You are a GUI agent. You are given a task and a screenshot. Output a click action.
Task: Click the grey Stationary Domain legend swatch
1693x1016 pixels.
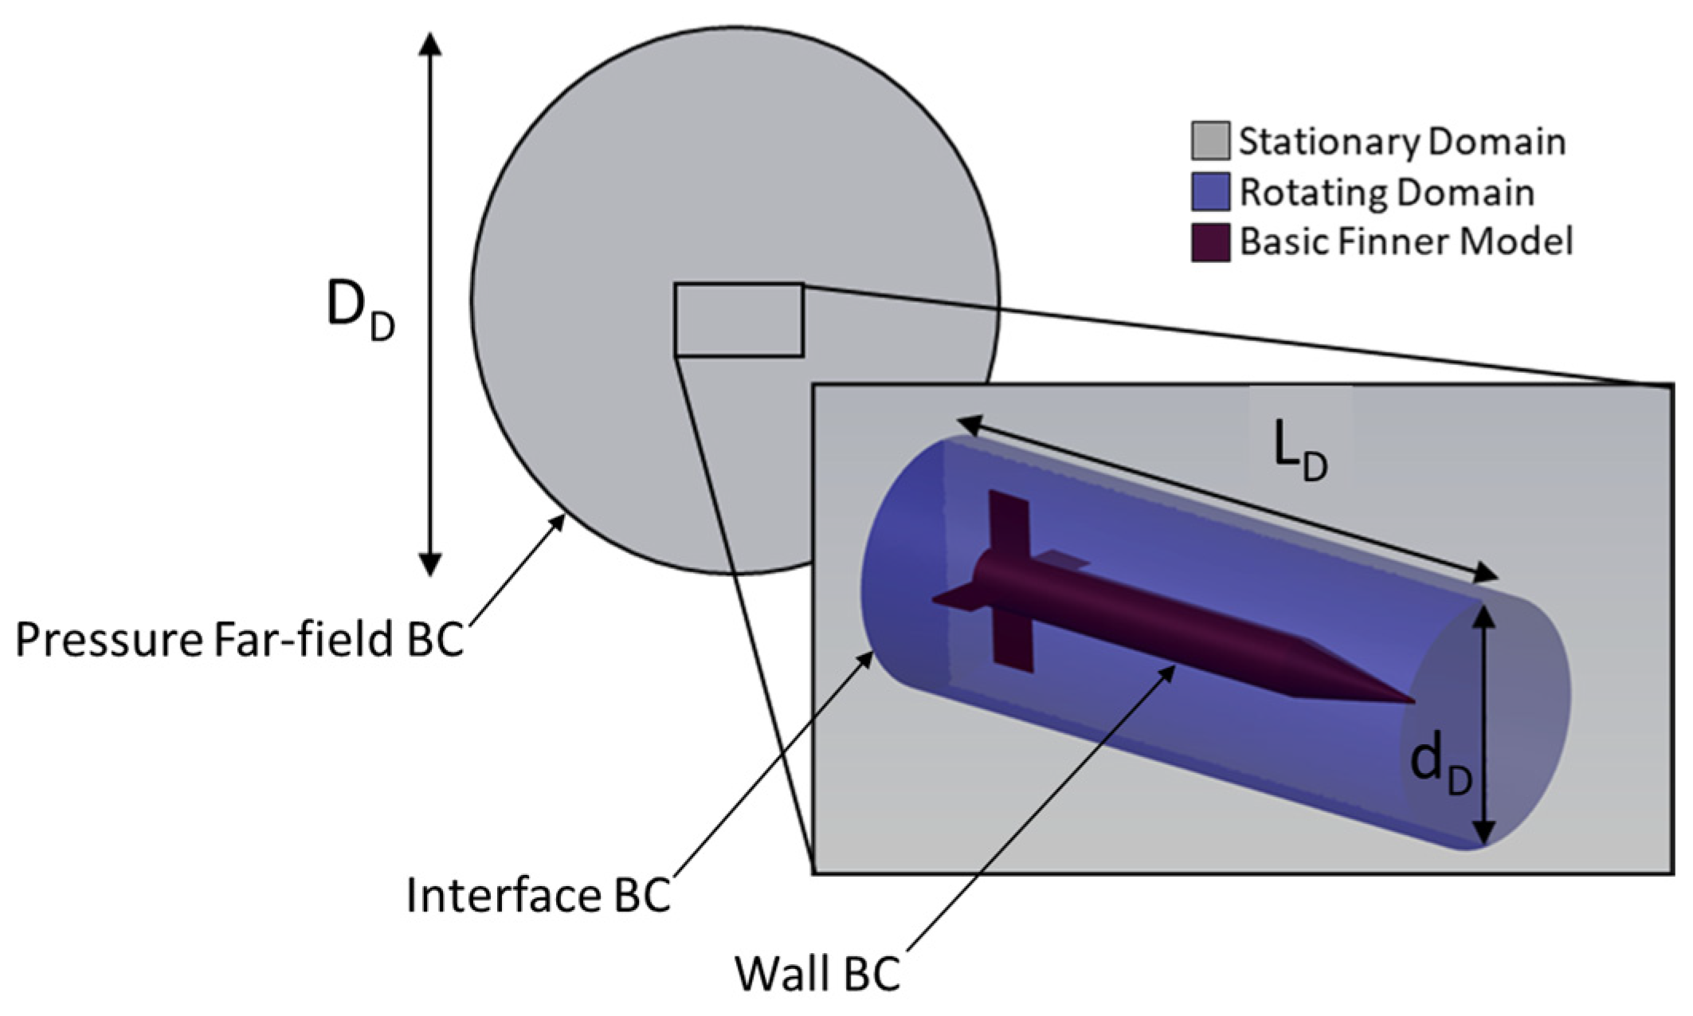tap(1210, 141)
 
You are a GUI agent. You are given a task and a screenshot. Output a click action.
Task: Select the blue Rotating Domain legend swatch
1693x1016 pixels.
tap(1210, 192)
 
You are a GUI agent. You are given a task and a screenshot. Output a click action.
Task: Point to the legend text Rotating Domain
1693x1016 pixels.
tap(1386, 193)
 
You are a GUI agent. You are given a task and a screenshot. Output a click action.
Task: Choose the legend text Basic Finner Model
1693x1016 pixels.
tap(1406, 241)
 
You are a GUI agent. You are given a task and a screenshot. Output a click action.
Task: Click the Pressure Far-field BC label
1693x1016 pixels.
tap(239, 639)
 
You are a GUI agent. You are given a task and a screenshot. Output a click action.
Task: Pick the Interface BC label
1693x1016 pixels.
tap(539, 895)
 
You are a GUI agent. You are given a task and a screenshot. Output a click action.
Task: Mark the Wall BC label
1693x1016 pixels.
tap(817, 973)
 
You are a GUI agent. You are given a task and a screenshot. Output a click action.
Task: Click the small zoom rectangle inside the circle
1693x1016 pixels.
tap(739, 320)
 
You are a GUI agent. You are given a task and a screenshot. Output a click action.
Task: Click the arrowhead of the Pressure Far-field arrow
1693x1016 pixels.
tap(559, 522)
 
